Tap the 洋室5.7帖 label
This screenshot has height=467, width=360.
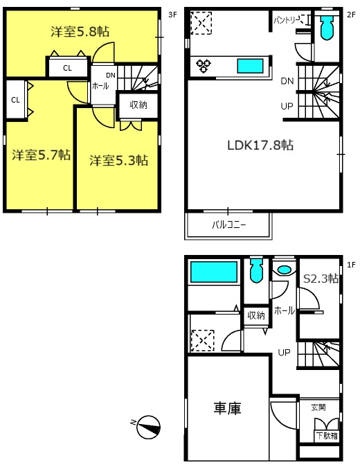pos(40,155)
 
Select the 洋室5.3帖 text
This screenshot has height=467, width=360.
pos(118,160)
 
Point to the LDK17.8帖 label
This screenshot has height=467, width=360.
pos(260,146)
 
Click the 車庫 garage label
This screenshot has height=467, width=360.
pos(226,409)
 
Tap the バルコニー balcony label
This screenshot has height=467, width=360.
pos(228,224)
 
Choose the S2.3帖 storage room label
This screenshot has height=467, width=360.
pos(321,279)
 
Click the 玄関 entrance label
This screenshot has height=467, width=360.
pos(318,408)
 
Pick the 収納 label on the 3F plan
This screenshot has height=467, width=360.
pos(138,105)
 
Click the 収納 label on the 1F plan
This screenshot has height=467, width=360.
pos(256,315)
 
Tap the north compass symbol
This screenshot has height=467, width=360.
pos(147,426)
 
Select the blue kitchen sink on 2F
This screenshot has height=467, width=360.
pos(250,66)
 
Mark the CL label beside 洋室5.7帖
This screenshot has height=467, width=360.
pos(15,99)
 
